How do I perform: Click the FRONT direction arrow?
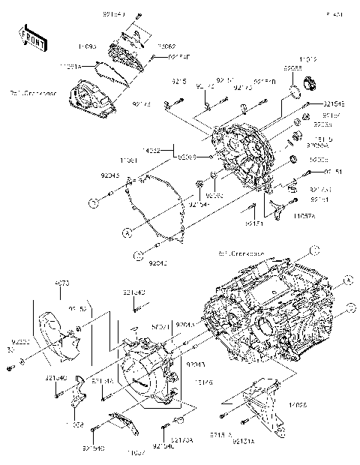point(30,35)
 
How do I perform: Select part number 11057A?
point(304,216)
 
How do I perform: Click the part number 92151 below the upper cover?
point(253,223)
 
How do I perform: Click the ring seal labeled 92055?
point(295,93)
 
